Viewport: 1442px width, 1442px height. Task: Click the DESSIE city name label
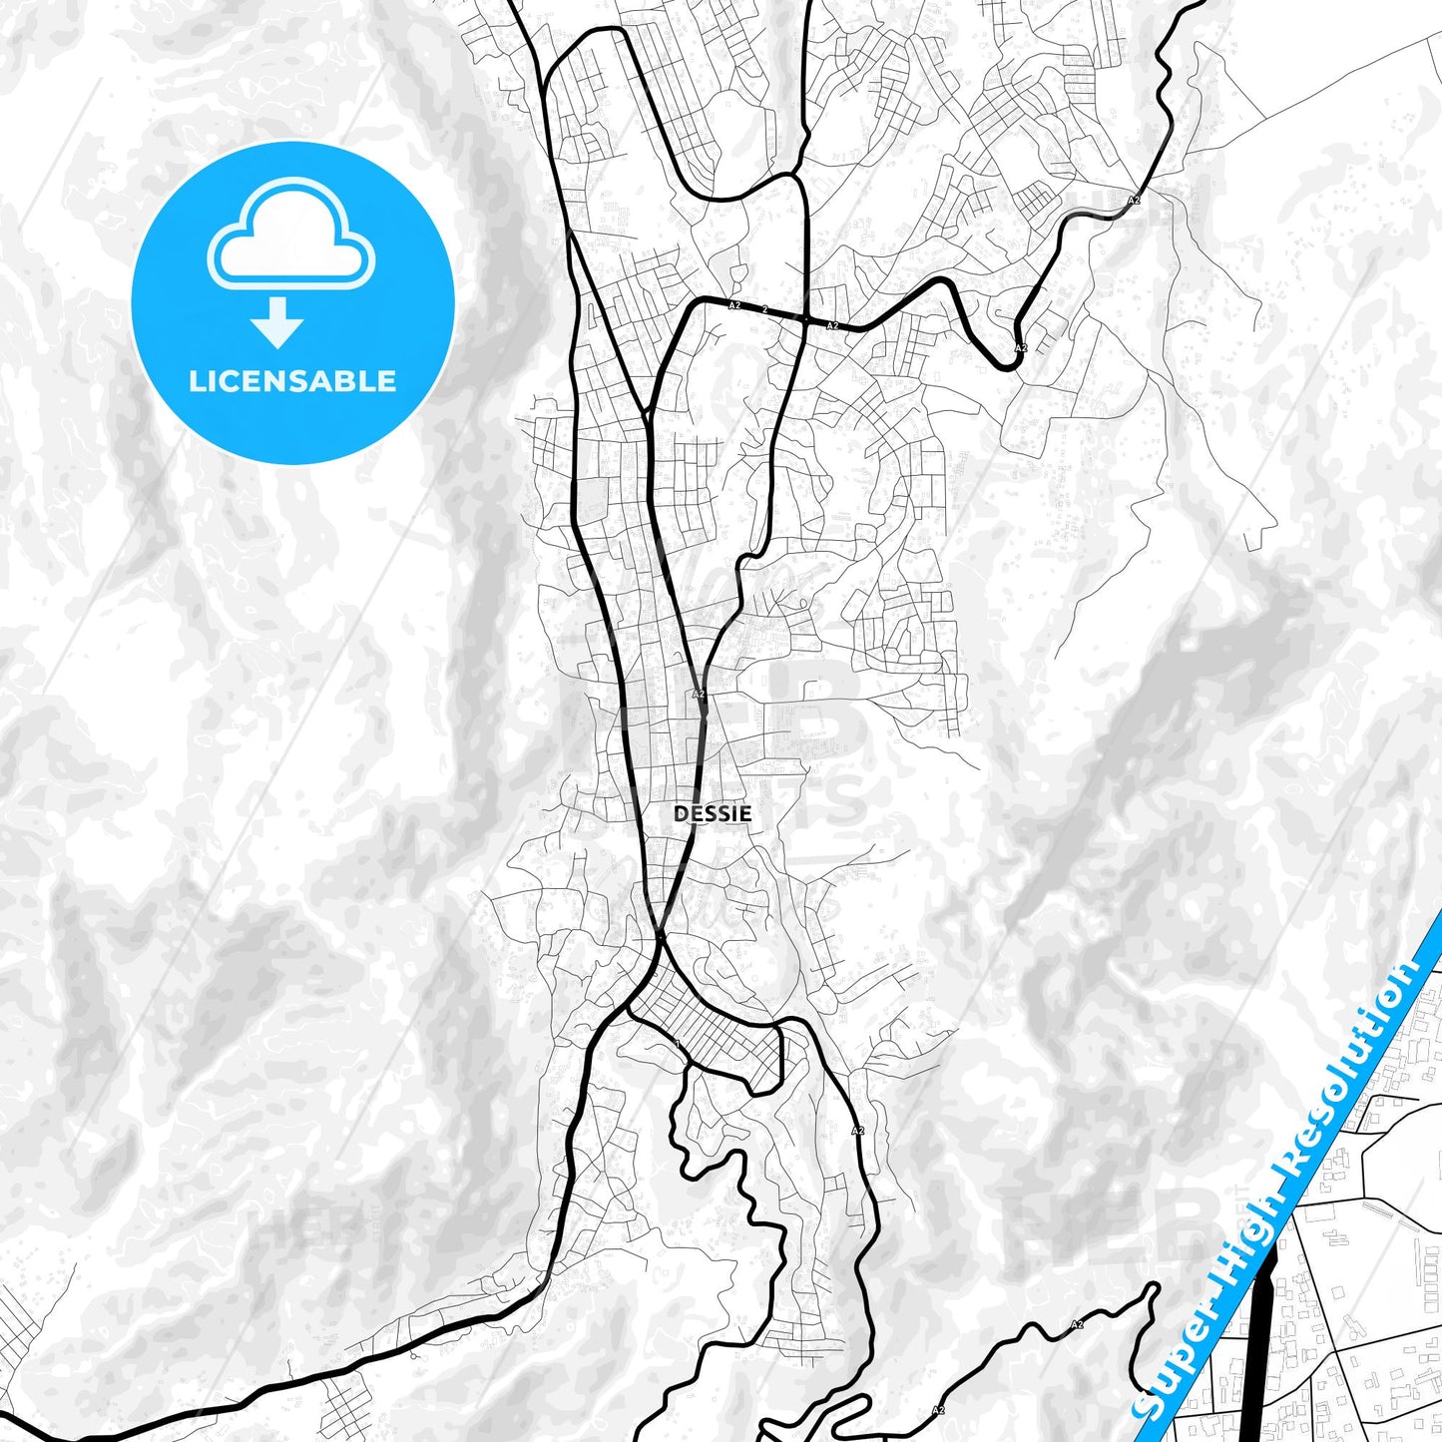[713, 814]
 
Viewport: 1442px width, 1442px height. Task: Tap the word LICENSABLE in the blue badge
[292, 381]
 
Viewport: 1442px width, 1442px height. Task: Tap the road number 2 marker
[765, 309]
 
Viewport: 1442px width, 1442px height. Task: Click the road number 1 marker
[678, 1044]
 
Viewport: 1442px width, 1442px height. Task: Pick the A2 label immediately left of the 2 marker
[734, 305]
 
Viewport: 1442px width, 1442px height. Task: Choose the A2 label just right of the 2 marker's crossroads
[832, 325]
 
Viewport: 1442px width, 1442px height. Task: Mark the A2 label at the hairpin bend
[1020, 347]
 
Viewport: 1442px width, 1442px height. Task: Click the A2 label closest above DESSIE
[699, 694]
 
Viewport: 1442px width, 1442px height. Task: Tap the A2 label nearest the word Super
[1077, 1324]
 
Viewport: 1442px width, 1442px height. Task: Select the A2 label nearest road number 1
[857, 1131]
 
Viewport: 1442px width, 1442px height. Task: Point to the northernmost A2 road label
[1134, 201]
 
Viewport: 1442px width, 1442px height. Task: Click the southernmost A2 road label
[937, 1410]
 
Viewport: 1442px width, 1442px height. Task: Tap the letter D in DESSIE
[680, 814]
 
